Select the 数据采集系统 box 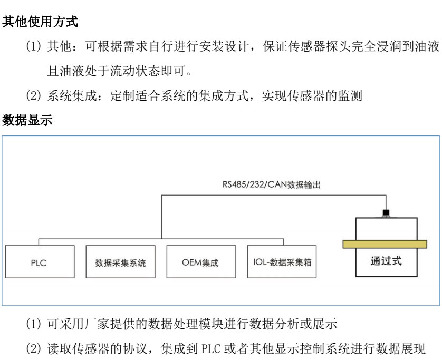point(120,262)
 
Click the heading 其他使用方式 point(41,24)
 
